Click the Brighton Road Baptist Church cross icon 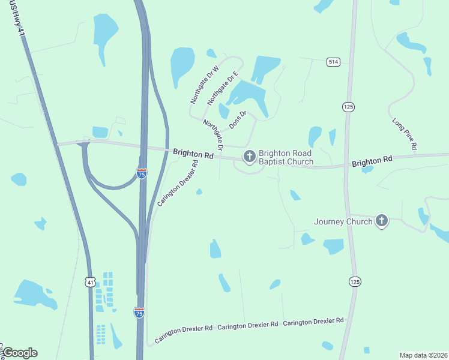pyautogui.click(x=249, y=157)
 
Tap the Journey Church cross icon pyautogui.click(x=381, y=221)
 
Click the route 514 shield pyautogui.click(x=334, y=62)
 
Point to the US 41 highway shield pyautogui.click(x=90, y=281)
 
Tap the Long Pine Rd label pyautogui.click(x=405, y=134)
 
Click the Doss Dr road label pyautogui.click(x=238, y=119)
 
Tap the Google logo pyautogui.click(x=20, y=353)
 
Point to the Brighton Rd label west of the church pyautogui.click(x=193, y=154)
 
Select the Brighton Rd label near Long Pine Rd pyautogui.click(x=372, y=161)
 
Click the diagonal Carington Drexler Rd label pyautogui.click(x=178, y=183)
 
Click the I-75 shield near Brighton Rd pyautogui.click(x=142, y=174)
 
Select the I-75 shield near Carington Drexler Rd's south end pyautogui.click(x=139, y=313)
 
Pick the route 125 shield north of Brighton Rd pyautogui.click(x=348, y=106)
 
